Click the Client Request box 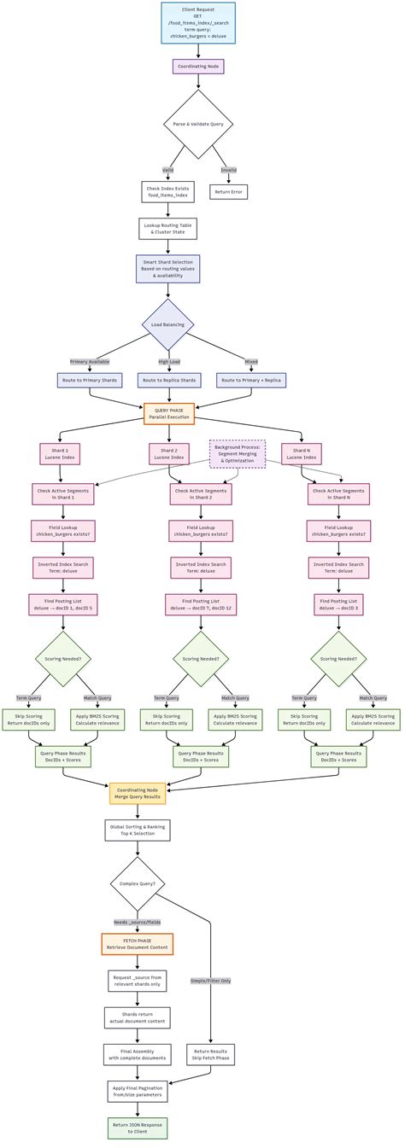198,22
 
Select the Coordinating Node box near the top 198,66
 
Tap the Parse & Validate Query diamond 198,125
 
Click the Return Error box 228,192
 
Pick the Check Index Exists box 167,191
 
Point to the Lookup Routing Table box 168,228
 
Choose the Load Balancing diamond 168,324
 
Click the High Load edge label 169,362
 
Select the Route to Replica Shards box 169,380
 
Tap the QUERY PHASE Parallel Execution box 169,413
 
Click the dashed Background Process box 238,453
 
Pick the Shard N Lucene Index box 302,453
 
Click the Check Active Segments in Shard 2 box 201,494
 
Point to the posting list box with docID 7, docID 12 201,604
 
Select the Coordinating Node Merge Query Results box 138,793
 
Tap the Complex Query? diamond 138,883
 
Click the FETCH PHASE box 137,944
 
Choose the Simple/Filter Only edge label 210,981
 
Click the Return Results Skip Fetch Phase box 210,1054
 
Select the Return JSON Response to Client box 138,1128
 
